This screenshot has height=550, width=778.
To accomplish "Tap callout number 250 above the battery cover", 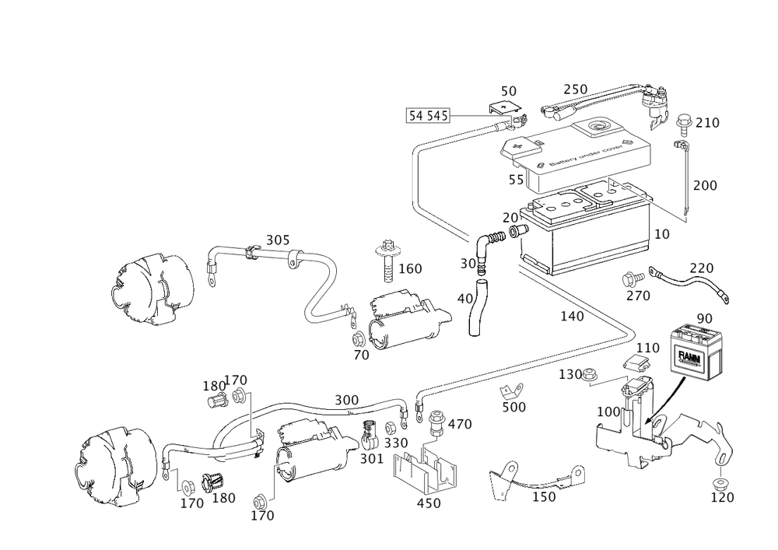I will click(x=575, y=89).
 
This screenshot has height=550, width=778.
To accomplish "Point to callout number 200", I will click(x=706, y=186).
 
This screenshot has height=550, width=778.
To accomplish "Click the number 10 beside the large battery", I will click(x=662, y=233).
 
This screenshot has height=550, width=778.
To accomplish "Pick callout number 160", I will click(x=409, y=269).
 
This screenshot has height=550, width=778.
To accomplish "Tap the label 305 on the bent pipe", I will click(x=277, y=241).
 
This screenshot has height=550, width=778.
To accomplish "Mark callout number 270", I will click(x=638, y=295).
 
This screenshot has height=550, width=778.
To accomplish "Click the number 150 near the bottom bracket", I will click(x=545, y=496).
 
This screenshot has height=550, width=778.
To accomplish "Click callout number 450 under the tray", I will click(x=428, y=503).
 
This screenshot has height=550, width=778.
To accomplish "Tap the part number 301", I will click(x=371, y=458).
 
